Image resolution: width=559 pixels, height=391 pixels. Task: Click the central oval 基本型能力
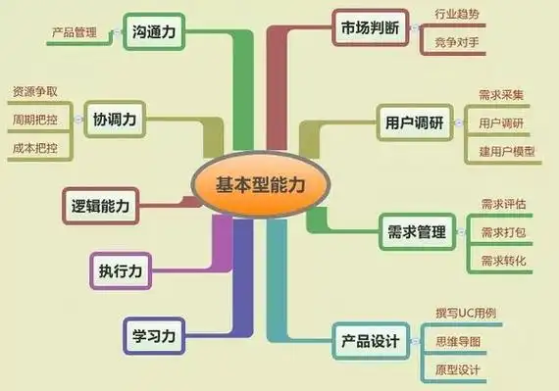click(x=259, y=181)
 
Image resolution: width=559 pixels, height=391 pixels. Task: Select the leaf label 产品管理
click(x=74, y=32)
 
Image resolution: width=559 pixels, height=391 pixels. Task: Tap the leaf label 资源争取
click(x=34, y=92)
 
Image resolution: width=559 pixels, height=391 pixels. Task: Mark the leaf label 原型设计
click(x=458, y=369)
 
